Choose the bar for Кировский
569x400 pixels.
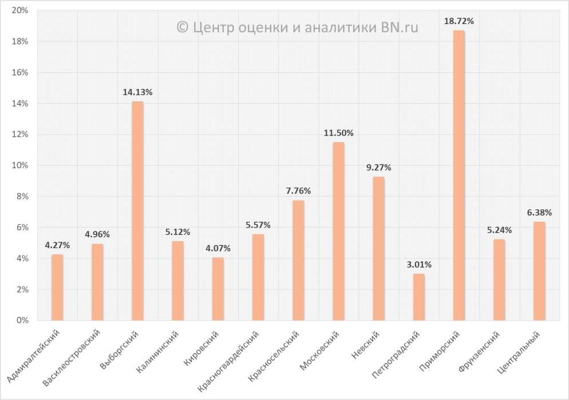pyautogui.click(x=218, y=289)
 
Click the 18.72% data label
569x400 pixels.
pyautogui.click(x=459, y=21)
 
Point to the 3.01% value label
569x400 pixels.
pyautogui.click(x=418, y=265)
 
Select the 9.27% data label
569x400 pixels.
pyautogui.click(x=378, y=168)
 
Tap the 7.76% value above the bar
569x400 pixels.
pyautogui.click(x=298, y=191)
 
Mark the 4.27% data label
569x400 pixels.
pyautogui.click(x=57, y=245)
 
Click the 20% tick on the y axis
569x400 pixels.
pyautogui.click(x=21, y=11)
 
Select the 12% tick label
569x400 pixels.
pyautogui.click(x=21, y=135)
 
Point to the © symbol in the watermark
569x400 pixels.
pyautogui.click(x=182, y=27)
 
